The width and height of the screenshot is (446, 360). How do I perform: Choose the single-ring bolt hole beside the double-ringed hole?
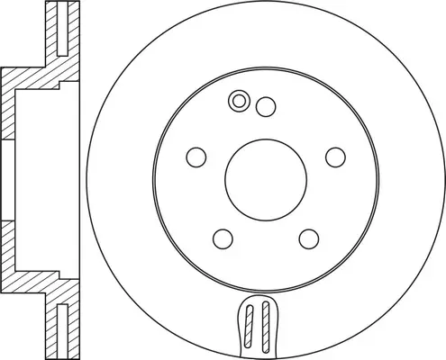[x=264, y=107]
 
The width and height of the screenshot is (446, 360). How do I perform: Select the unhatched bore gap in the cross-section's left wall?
[x=7, y=181]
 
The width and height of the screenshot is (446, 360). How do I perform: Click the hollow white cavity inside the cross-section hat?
[x=50, y=180]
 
